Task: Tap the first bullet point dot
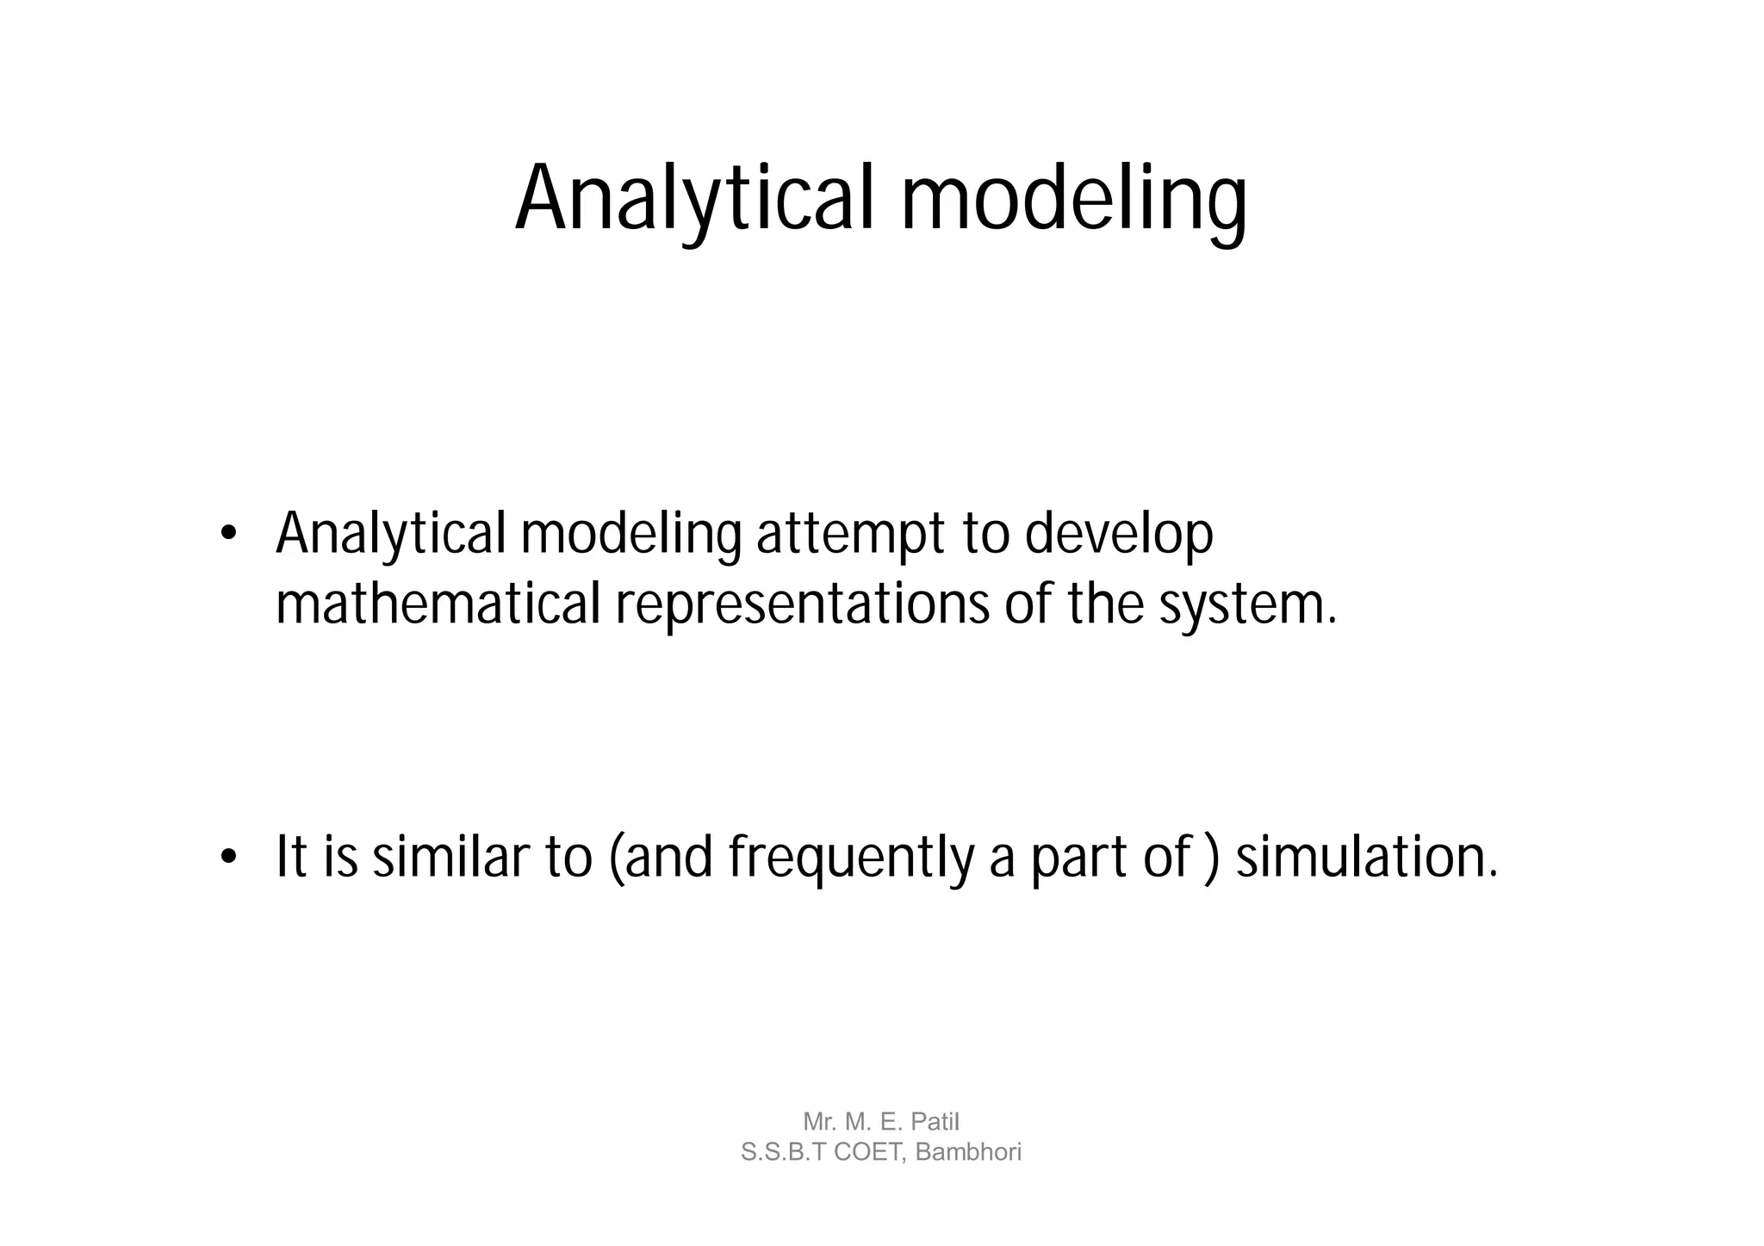pos(227,534)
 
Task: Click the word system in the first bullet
pos(1240,605)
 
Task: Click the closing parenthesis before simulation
pos(1212,859)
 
